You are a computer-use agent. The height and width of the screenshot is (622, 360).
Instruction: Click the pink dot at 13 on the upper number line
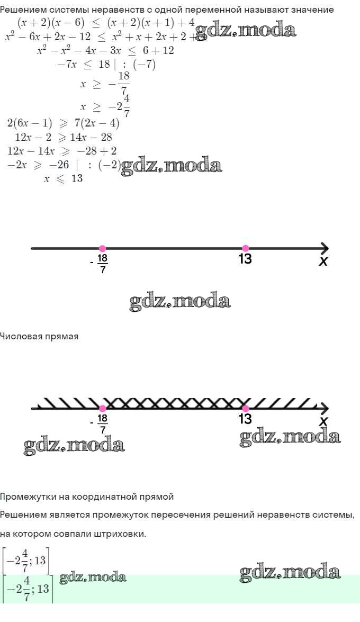[245, 248]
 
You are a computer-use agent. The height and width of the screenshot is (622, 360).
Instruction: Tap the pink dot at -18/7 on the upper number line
[102, 248]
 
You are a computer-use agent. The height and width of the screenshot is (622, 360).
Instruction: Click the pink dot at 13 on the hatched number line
[245, 408]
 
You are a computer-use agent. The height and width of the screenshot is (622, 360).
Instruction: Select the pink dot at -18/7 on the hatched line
[102, 408]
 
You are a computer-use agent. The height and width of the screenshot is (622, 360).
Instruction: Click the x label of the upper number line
[323, 261]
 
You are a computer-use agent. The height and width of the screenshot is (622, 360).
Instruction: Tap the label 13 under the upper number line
[245, 259]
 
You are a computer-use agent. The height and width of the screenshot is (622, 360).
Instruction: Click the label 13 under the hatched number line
[245, 419]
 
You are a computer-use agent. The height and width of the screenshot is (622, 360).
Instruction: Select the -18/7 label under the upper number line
[102, 263]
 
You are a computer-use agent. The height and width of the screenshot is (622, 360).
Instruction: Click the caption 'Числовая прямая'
[39, 337]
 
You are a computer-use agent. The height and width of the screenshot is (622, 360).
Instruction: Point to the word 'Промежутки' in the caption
[26, 497]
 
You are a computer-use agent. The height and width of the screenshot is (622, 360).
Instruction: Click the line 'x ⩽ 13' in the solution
[63, 179]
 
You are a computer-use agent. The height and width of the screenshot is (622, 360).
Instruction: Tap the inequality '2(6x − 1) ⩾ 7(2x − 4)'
[63, 124]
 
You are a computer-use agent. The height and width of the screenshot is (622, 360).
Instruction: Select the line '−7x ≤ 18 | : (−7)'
[106, 65]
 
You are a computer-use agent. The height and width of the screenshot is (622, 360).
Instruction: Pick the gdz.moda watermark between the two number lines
[180, 302]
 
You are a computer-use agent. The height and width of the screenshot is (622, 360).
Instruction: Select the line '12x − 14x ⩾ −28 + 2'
[62, 151]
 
